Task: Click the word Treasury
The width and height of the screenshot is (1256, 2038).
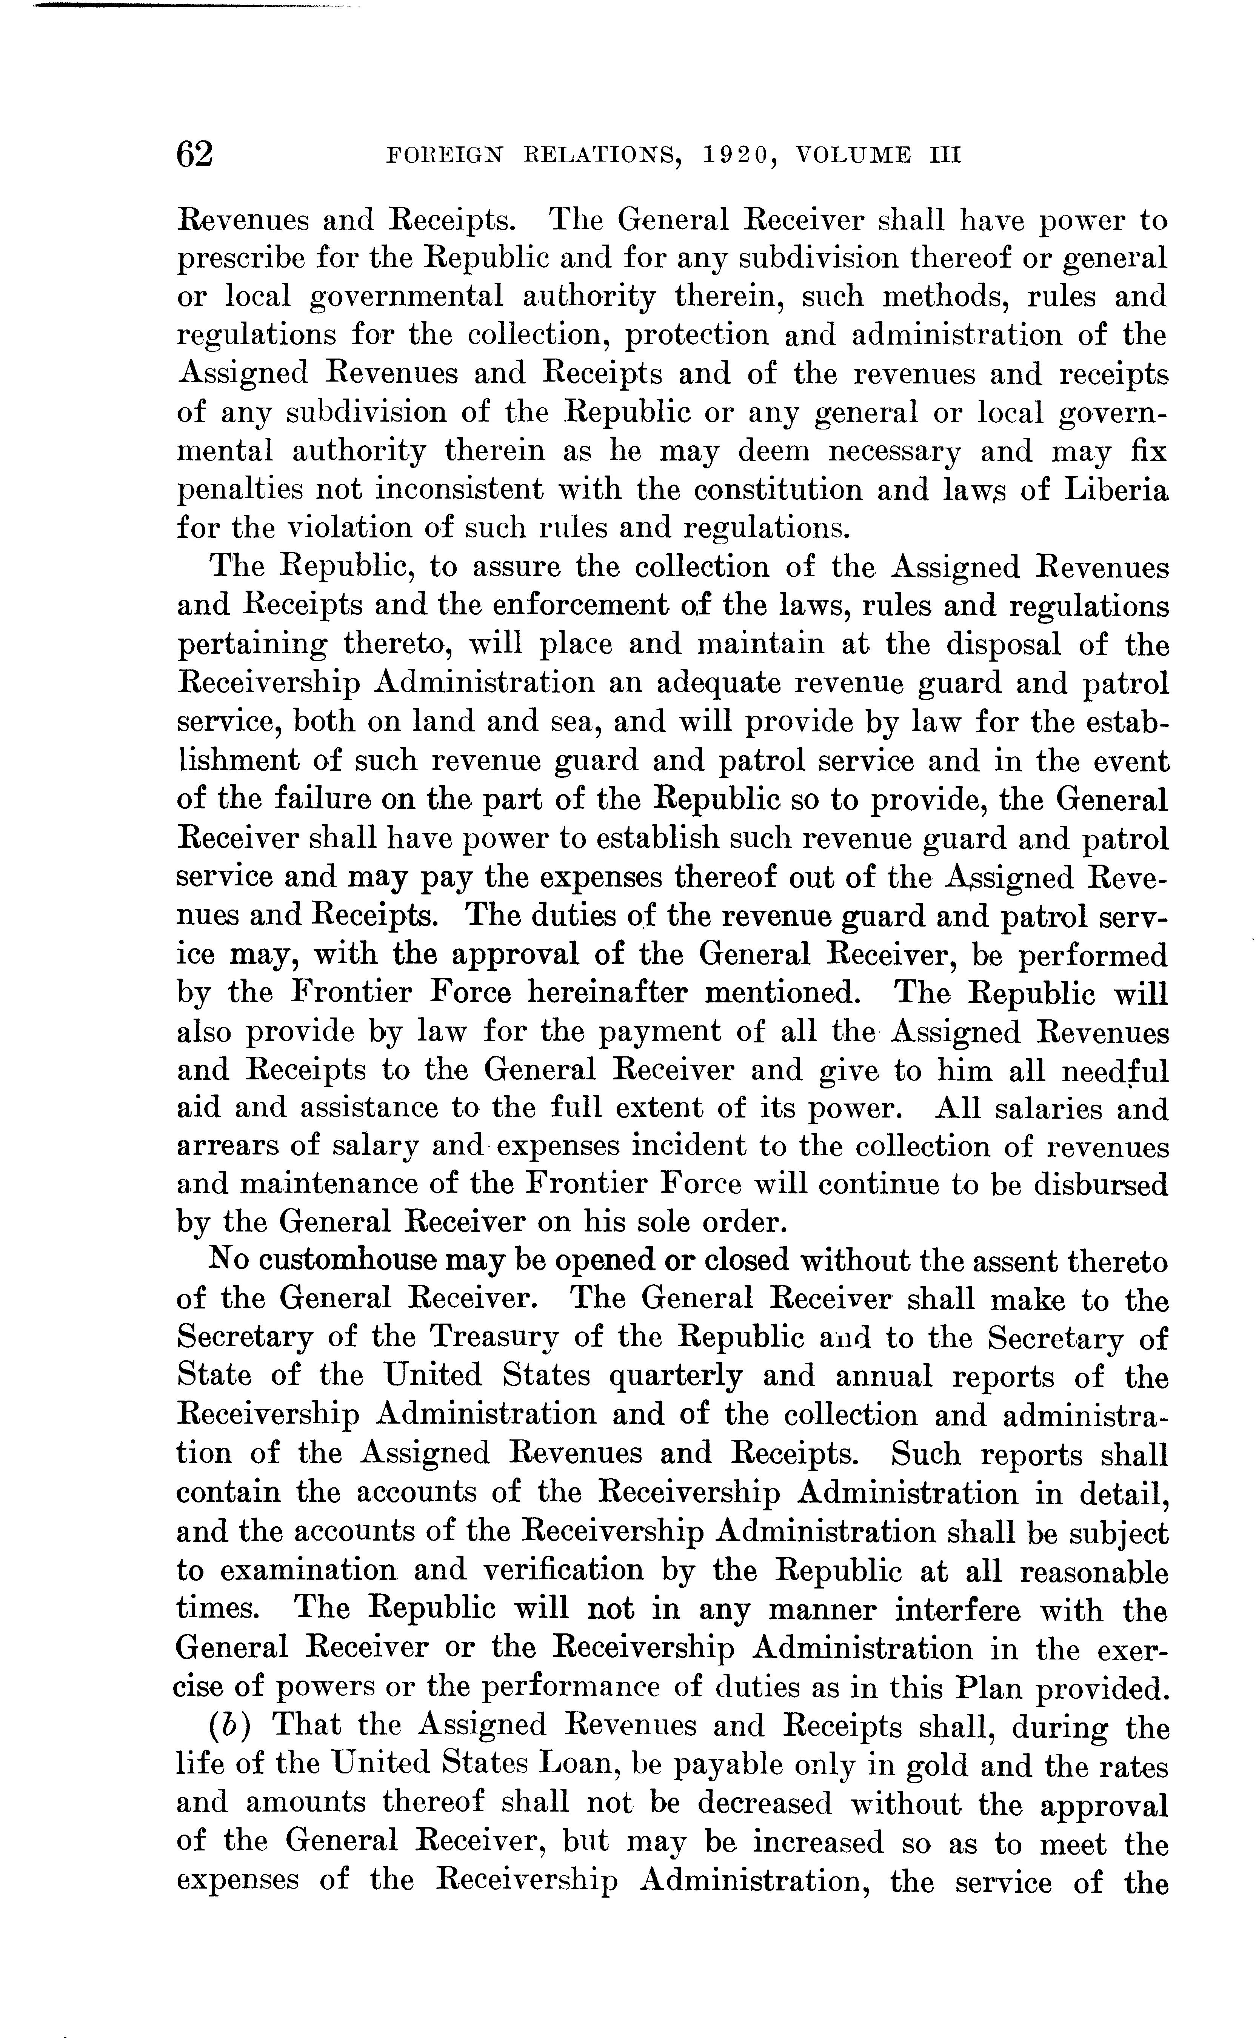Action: tap(493, 1338)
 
